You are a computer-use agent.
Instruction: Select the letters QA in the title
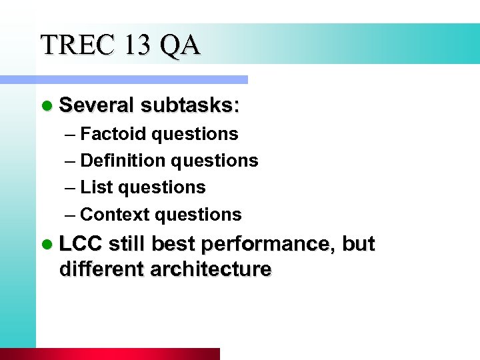[179, 45]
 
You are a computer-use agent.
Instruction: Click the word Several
[97, 105]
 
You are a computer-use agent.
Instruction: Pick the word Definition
[123, 161]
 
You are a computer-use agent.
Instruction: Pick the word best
[173, 244]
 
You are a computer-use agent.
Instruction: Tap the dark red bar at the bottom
[110, 354]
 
